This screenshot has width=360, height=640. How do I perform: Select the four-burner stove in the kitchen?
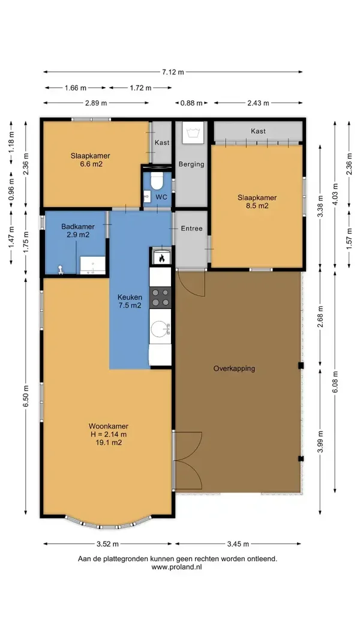coord(160,298)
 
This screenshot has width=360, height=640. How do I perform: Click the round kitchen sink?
coord(159,329)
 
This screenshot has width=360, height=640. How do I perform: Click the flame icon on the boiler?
coord(161,258)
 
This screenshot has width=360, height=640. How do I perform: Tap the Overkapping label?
coord(234,368)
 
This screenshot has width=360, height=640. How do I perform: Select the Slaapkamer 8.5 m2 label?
coord(257,202)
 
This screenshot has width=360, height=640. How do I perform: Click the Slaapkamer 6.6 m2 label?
coord(90,160)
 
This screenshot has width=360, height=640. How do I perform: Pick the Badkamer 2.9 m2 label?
coord(78,230)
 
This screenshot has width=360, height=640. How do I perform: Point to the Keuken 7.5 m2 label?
coord(130,301)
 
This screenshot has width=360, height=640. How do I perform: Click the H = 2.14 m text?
coord(109,434)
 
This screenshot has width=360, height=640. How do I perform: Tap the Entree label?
coord(191,229)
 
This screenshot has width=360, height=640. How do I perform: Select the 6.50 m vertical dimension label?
coord(26,396)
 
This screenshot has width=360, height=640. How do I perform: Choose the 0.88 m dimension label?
coord(191,103)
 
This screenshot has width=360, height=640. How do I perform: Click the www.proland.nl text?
coord(177,567)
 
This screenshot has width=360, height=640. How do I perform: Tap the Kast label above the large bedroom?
coord(258,131)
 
